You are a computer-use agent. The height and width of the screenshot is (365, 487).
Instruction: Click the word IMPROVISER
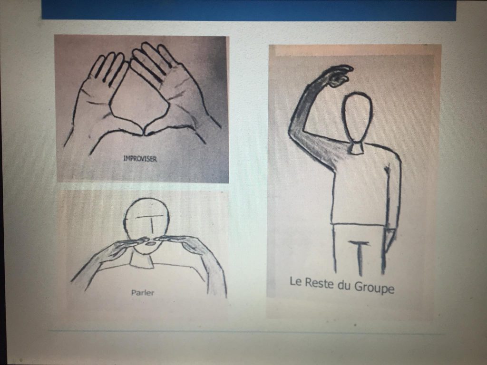coord(140,159)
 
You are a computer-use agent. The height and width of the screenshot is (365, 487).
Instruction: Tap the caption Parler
coord(143,292)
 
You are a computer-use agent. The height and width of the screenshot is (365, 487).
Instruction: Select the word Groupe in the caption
coord(374,287)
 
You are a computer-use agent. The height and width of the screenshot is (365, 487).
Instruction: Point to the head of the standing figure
coord(357,117)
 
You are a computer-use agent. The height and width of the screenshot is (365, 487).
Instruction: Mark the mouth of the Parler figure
coord(151,244)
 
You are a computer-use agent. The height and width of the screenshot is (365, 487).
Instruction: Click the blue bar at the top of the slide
coord(248,10)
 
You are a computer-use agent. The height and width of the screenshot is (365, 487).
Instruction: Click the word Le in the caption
coord(295,281)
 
